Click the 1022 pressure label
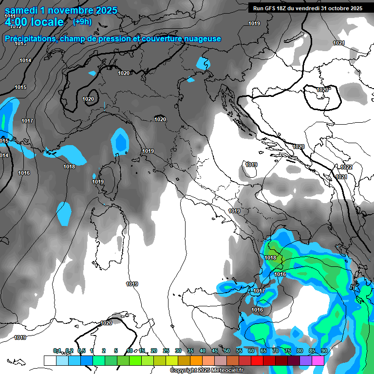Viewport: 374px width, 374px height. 346,167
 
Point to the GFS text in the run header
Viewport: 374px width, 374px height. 270,8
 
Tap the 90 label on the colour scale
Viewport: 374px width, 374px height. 324,351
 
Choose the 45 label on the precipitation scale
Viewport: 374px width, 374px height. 215,351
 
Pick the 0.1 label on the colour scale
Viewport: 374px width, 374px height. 57,351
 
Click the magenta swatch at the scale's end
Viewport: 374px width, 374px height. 318,360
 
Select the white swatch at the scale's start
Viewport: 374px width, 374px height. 50,360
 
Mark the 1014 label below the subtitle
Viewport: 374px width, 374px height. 25,60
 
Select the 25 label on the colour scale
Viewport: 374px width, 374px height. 166,351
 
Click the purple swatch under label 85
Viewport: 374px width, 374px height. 305,360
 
